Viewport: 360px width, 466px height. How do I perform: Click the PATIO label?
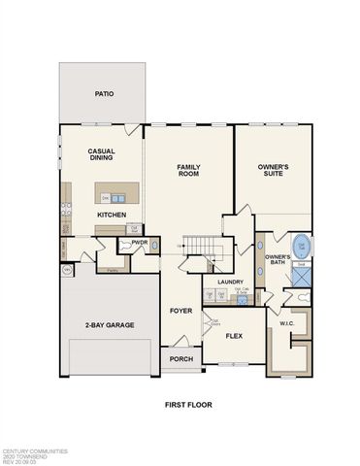point(103,94)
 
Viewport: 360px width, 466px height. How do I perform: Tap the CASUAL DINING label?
point(103,156)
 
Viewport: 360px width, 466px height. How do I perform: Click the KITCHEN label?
point(111,214)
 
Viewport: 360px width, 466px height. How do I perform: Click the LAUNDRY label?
point(230,282)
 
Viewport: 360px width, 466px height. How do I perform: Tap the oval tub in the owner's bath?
point(300,246)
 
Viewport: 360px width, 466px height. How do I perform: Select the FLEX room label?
point(234,336)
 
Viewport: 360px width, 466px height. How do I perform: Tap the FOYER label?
point(180,311)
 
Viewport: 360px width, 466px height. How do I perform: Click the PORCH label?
point(180,358)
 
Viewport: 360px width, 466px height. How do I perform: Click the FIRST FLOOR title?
point(188,404)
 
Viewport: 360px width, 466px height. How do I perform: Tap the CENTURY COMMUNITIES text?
point(34,450)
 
